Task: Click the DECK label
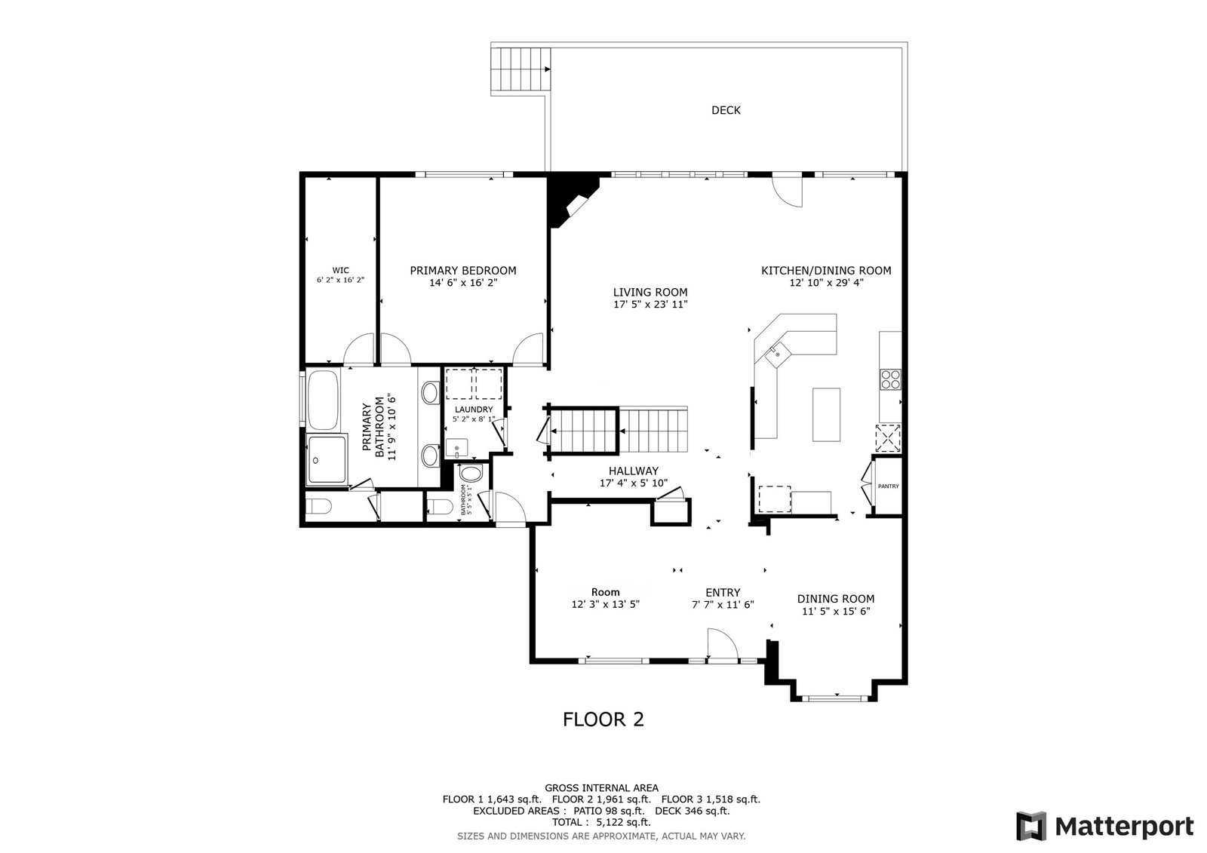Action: pyautogui.click(x=726, y=110)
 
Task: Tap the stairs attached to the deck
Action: pyautogui.click(x=519, y=69)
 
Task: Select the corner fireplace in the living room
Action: pyautogui.click(x=571, y=200)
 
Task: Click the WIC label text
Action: pyautogui.click(x=340, y=271)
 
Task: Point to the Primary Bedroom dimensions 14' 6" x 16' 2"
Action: pyautogui.click(x=462, y=283)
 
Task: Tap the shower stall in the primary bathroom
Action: pyautogui.click(x=327, y=459)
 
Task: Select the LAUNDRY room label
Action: pyautogui.click(x=474, y=410)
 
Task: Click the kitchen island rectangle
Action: pyautogui.click(x=826, y=414)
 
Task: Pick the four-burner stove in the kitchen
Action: pyautogui.click(x=890, y=379)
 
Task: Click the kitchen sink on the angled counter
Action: pyautogui.click(x=776, y=352)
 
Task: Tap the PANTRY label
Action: pyautogui.click(x=888, y=486)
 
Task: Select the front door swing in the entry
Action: pyautogui.click(x=720, y=645)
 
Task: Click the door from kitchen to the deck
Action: pyautogui.click(x=788, y=190)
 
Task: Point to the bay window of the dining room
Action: pyautogui.click(x=835, y=698)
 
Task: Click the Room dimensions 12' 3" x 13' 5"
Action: pyautogui.click(x=605, y=604)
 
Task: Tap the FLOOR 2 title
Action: pyautogui.click(x=603, y=719)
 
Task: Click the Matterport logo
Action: pyautogui.click(x=1104, y=826)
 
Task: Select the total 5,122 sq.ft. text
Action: pyautogui.click(x=601, y=823)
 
